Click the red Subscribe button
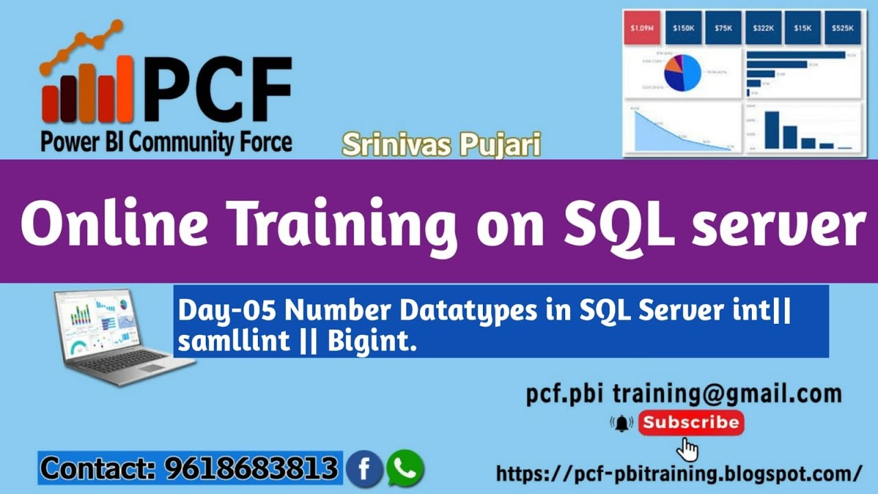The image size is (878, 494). coord(691,423)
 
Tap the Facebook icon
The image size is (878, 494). coord(364,469)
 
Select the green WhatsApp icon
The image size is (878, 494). coord(405,469)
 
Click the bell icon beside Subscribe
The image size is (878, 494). coord(622,423)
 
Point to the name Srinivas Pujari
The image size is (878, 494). coord(440,145)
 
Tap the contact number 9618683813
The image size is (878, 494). coord(251,469)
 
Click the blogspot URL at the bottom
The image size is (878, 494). coord(678,473)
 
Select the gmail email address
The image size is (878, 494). coord(684,394)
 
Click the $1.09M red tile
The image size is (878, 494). coord(642,28)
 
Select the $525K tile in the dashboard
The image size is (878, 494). coord(842,28)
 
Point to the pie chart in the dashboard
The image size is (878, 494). coord(682,73)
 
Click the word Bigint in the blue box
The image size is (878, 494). coord(371,342)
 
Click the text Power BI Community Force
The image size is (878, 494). coord(166,142)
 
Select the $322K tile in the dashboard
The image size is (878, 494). coord(762,28)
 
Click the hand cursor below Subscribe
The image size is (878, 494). coord(688,450)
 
